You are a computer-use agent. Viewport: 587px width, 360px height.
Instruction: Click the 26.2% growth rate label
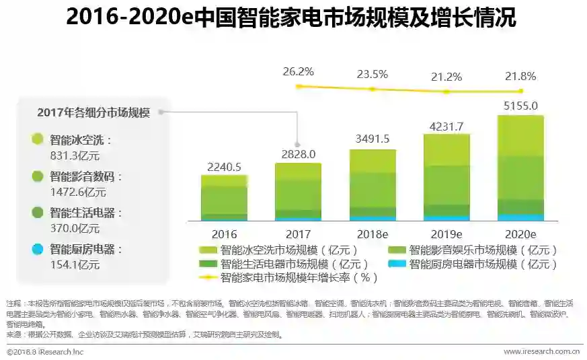pos(299,71)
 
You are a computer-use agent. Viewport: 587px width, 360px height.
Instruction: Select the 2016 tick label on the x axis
pos(224,234)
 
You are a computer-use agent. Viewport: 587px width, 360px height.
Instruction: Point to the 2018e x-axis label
pos(373,234)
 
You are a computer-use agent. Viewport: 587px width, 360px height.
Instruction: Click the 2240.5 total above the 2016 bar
pos(224,166)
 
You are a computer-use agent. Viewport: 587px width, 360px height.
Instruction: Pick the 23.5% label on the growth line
pos(373,74)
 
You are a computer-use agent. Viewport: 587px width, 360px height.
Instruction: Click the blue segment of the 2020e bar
pos(520,217)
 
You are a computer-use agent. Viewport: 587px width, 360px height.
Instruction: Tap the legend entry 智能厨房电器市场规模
pos(482,264)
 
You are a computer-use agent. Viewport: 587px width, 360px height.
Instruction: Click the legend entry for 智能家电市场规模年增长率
pos(299,277)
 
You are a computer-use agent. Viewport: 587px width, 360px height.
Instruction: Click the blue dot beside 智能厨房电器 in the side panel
pos(37,249)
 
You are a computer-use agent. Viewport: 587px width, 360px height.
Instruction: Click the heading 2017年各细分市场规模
pos(93,112)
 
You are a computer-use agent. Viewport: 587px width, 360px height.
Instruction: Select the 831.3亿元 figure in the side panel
pos(75,155)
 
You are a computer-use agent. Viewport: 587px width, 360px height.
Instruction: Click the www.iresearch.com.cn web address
pos(542,351)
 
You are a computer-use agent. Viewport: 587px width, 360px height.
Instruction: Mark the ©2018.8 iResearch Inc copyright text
pos(45,351)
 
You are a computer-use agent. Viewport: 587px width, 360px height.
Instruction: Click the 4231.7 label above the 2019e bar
pos(446,126)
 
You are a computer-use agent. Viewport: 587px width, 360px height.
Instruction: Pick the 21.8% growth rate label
pos(520,76)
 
